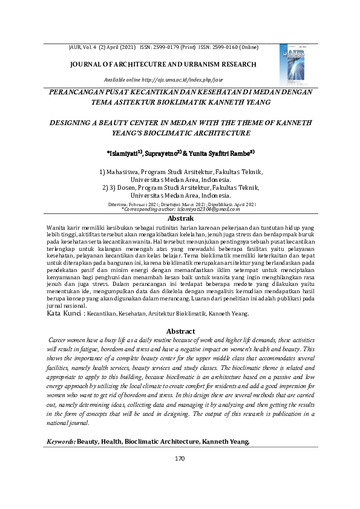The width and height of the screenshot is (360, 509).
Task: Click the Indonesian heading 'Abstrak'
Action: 180,218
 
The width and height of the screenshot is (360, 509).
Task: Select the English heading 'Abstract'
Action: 181,331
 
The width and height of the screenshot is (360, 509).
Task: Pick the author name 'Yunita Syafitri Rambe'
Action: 223,153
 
